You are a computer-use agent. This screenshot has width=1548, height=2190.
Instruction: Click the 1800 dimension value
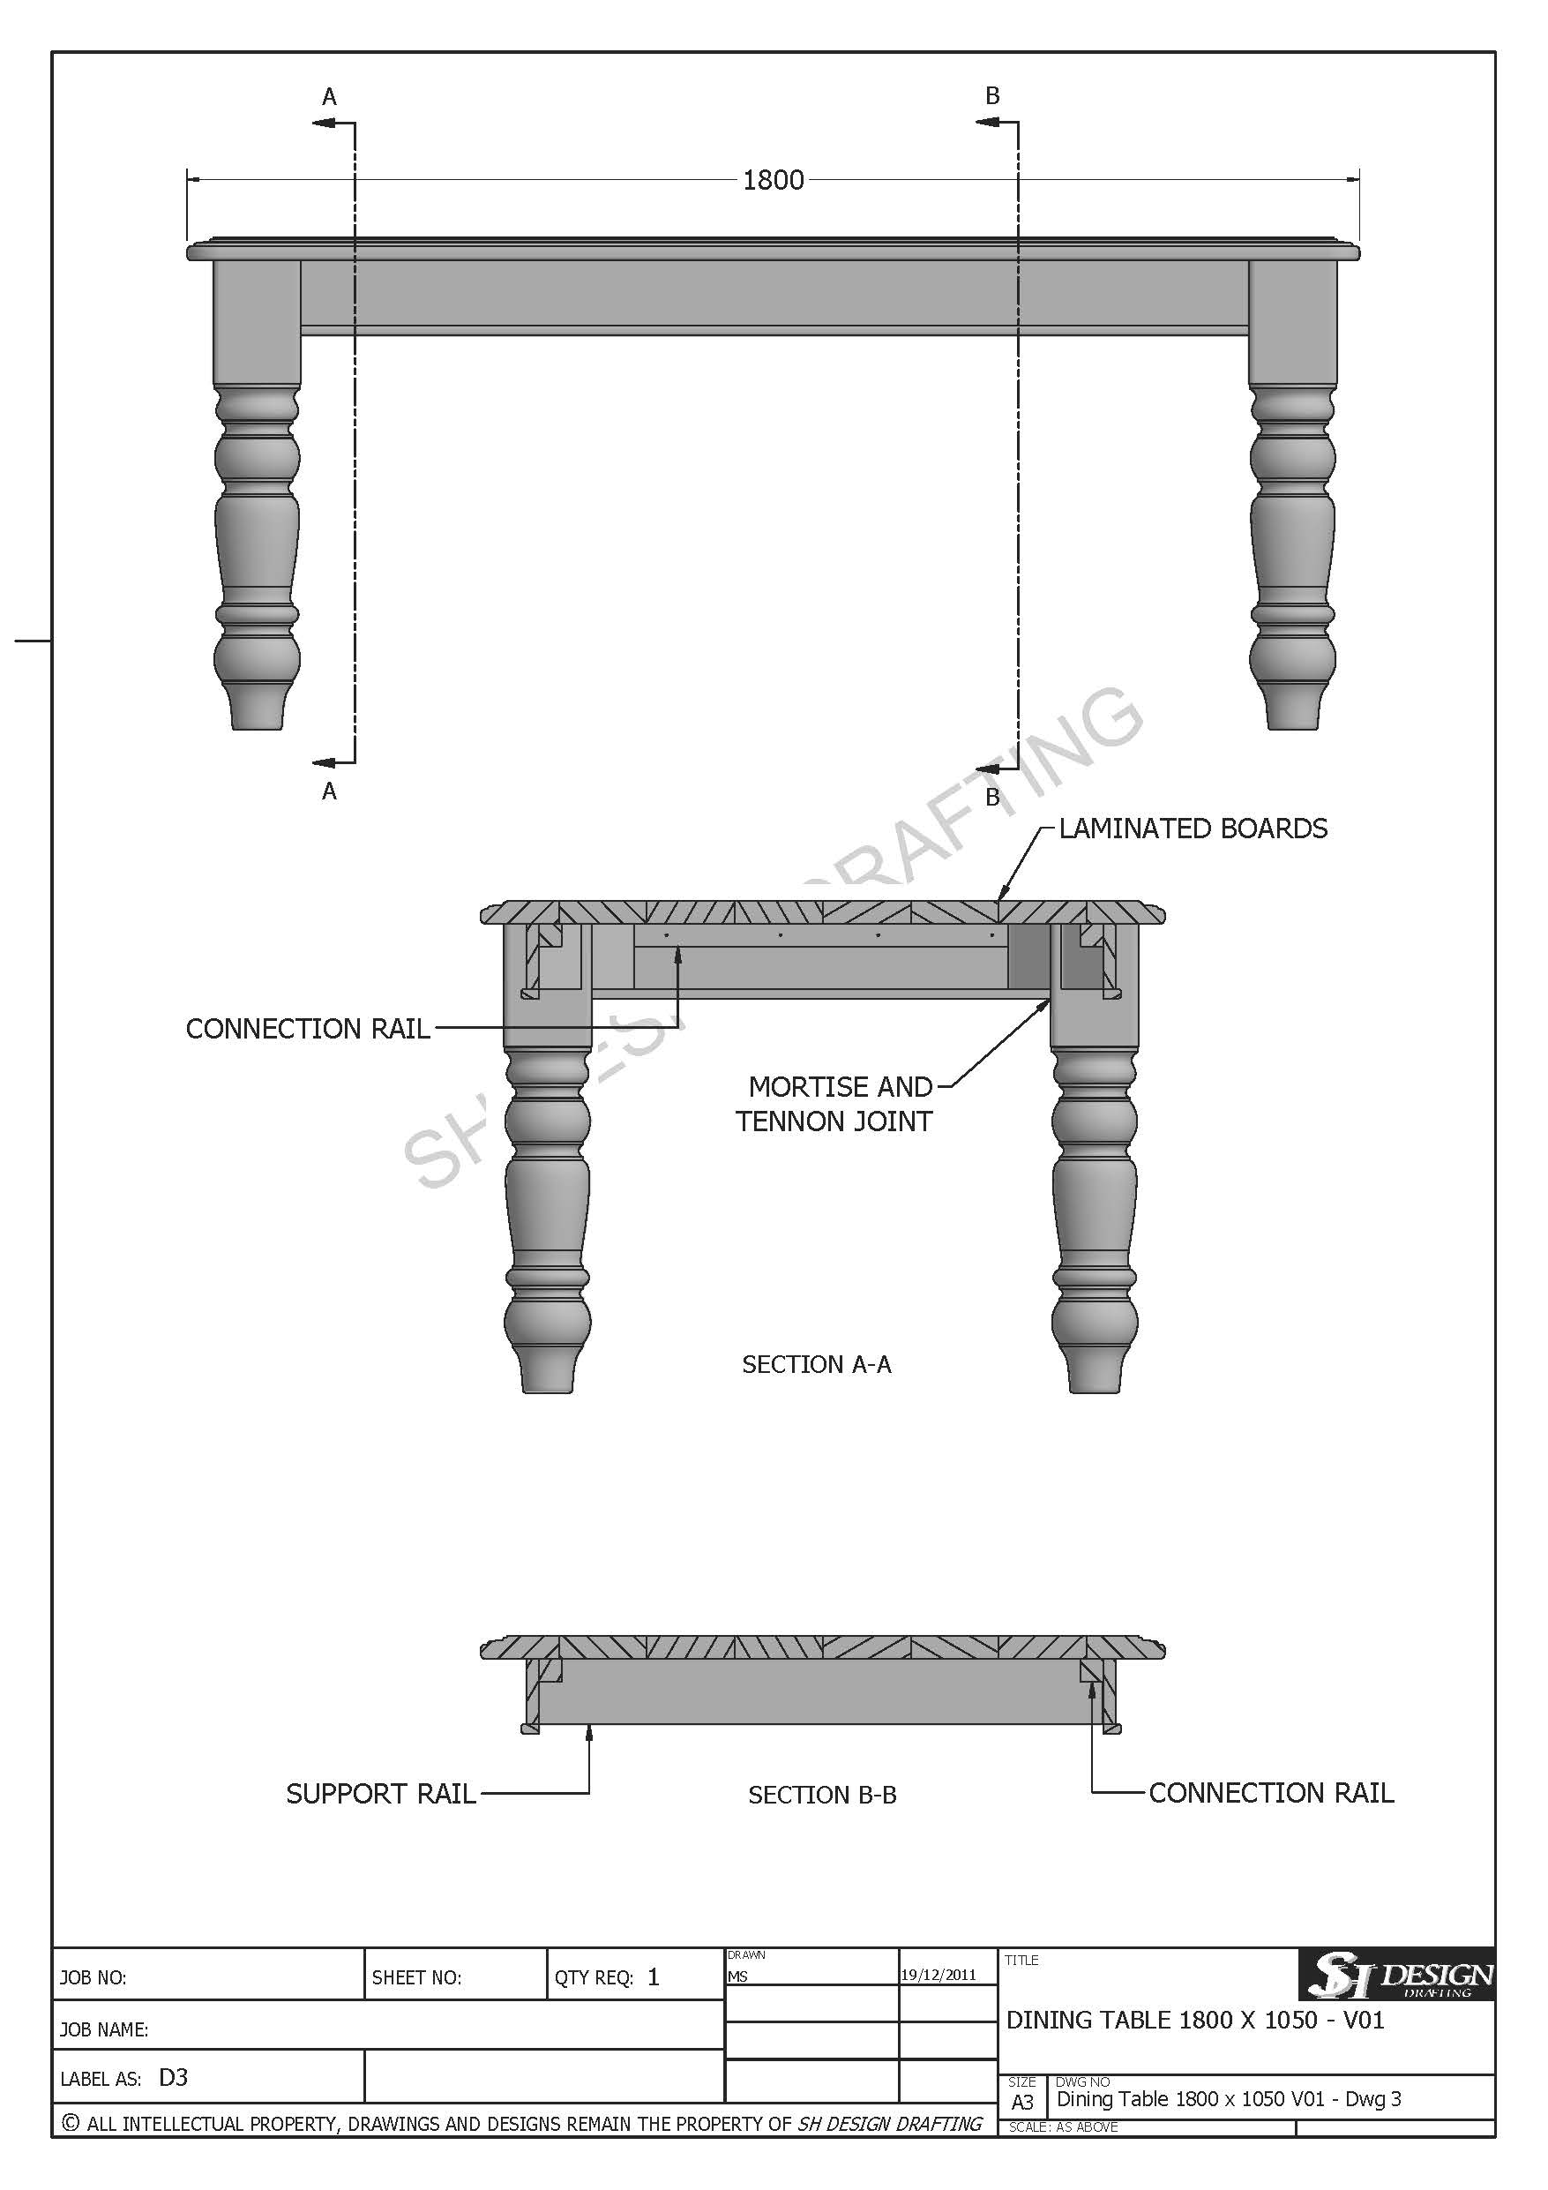773,179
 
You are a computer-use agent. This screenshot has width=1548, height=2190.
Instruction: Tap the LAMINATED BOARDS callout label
1193,828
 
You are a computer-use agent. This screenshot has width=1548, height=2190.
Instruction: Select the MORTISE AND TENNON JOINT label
834,1104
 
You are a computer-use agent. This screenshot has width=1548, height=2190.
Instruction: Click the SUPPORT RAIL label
380,1794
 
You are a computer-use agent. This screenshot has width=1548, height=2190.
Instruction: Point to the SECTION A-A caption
817,1365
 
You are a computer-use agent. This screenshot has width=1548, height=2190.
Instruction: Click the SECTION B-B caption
822,1795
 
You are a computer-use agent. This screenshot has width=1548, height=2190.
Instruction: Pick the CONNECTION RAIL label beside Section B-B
1270,1793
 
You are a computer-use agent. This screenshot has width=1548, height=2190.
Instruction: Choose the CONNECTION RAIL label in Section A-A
308,1028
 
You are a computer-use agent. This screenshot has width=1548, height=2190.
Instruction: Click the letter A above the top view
329,96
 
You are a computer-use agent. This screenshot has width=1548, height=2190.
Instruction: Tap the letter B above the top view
992,95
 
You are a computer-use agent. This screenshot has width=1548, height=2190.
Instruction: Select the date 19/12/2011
939,1975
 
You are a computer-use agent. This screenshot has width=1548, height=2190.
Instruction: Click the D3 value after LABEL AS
174,2077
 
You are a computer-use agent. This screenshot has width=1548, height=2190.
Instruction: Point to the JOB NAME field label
104,2029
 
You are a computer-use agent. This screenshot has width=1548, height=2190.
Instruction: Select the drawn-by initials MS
737,1976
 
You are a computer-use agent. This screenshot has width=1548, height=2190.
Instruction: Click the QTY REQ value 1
654,1976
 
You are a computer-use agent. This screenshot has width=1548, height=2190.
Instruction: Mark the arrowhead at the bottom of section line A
324,762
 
